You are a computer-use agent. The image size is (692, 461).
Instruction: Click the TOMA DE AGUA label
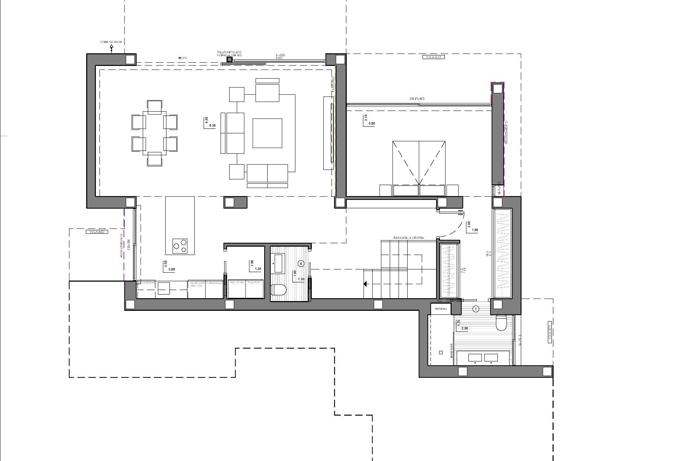[x=111, y=42]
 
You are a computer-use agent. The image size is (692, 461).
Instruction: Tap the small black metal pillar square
[x=230, y=60]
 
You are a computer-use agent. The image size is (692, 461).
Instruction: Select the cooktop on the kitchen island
[x=180, y=245]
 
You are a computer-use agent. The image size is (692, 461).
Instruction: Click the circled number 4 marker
[x=301, y=264]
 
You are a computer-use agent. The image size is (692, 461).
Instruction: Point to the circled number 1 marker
[x=476, y=309]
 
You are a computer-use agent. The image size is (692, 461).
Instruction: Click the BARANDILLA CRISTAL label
[x=409, y=238]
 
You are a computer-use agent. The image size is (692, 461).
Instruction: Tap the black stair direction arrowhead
[x=365, y=284]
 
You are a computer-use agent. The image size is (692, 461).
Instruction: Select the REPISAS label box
[x=441, y=309]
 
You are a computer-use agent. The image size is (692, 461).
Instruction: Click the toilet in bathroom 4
[x=278, y=289]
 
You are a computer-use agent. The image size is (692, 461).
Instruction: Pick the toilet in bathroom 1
[x=501, y=323]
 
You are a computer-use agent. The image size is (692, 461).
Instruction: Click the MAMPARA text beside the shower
[x=451, y=350]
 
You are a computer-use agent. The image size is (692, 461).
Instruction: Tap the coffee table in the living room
[x=267, y=133]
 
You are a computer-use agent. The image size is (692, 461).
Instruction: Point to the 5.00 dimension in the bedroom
[x=371, y=124]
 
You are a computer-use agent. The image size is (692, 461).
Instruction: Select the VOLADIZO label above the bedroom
[x=433, y=57]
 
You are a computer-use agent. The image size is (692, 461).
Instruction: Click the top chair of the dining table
[x=155, y=107]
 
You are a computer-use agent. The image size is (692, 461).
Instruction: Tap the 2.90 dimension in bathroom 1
[x=465, y=328]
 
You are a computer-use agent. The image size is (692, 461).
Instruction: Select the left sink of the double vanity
[x=474, y=358]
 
